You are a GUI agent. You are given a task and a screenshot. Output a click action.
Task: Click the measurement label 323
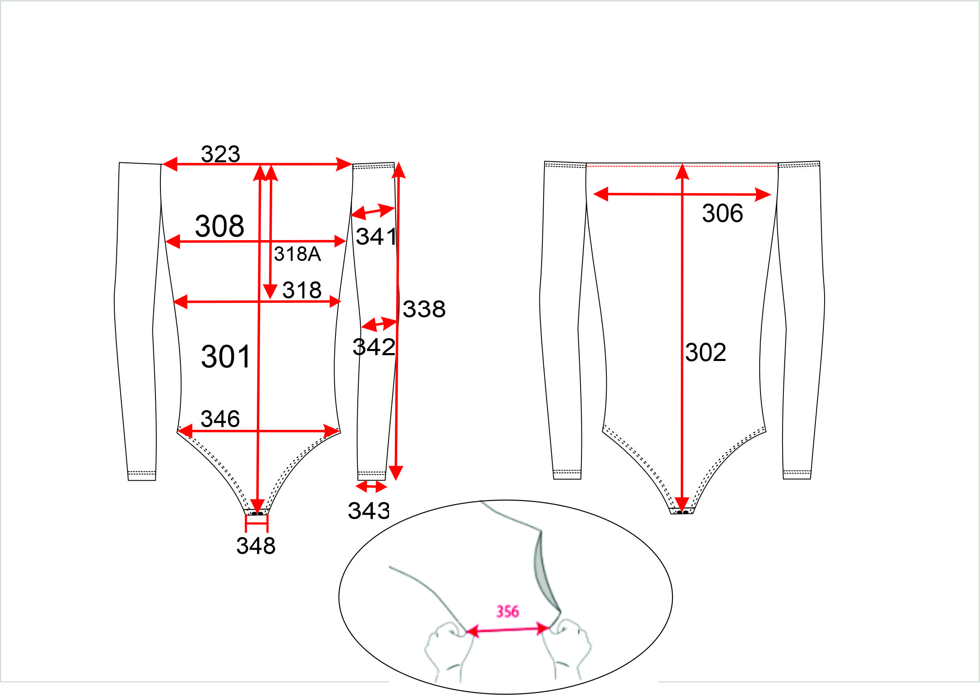tap(221, 154)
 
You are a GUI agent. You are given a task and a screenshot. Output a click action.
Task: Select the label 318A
tap(298, 254)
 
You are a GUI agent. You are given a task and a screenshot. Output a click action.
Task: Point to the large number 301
tap(226, 356)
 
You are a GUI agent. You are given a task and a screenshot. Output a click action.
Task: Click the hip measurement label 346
tap(220, 419)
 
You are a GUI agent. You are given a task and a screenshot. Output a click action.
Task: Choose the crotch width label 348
tap(256, 545)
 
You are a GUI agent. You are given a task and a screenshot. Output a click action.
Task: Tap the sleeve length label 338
tap(424, 309)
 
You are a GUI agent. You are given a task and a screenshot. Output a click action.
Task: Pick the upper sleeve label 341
tap(376, 237)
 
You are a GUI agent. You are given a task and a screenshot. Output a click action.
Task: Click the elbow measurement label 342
tap(374, 346)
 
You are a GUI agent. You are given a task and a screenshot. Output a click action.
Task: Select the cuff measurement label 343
tap(369, 511)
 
